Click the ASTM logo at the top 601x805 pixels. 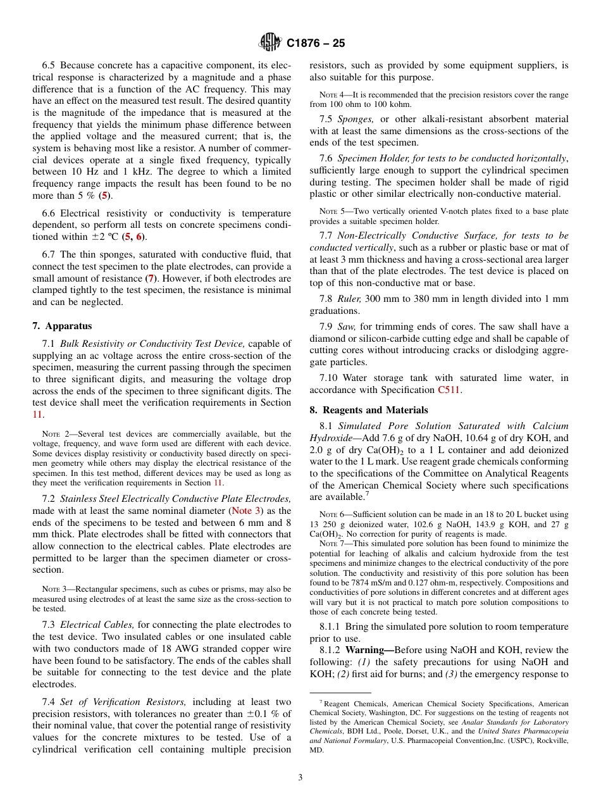[x=270, y=43]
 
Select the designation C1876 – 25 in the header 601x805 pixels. [x=316, y=44]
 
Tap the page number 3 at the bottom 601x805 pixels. [x=300, y=777]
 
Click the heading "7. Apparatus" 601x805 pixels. [x=62, y=326]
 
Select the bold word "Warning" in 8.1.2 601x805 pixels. [x=368, y=650]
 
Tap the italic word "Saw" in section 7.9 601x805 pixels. [x=346, y=327]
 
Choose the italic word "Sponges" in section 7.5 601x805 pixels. [x=355, y=119]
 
